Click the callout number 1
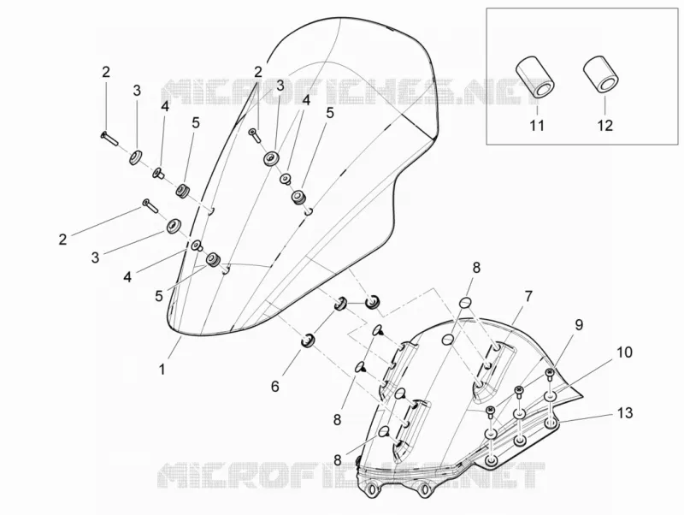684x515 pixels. coord(162,370)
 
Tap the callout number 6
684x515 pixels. coord(274,387)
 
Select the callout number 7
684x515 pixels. coord(528,297)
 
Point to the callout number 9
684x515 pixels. coord(579,324)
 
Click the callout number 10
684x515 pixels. coord(625,352)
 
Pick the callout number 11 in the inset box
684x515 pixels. coord(537,125)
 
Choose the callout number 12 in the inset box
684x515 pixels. coord(605,125)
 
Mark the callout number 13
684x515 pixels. coord(626,412)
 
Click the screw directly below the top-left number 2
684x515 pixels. coord(109,139)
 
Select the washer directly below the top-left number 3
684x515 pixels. coord(135,157)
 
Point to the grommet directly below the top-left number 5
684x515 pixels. coord(183,190)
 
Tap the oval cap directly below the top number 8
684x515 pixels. coord(466,302)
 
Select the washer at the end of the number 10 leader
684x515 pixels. coord(551,397)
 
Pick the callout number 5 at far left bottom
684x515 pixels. coord(159,296)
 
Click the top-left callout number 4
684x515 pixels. coord(164,106)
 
